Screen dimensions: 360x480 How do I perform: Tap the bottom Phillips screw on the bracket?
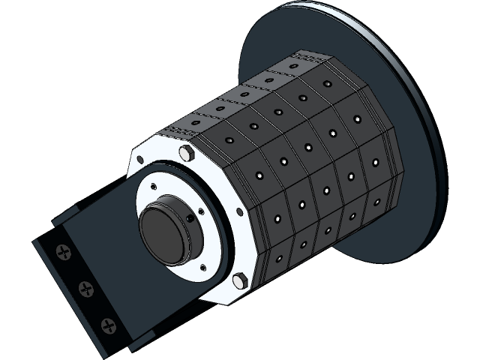[110, 325]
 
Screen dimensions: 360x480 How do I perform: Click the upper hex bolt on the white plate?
[187, 154]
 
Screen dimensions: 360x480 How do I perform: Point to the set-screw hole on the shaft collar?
[190, 218]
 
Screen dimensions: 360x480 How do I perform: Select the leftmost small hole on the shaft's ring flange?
[153, 185]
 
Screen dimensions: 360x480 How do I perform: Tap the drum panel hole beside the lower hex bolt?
[278, 259]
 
